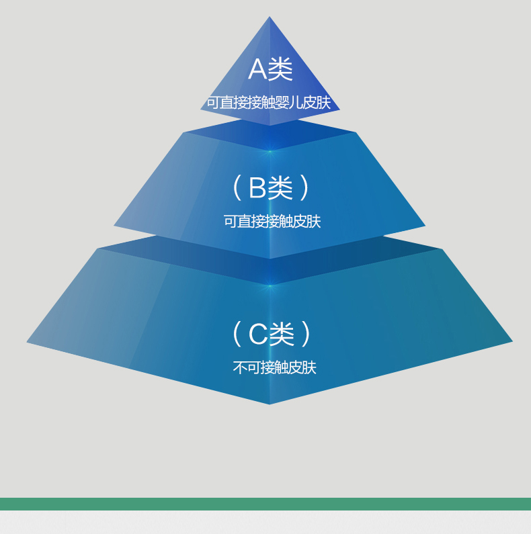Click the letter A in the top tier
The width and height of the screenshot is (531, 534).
click(258, 69)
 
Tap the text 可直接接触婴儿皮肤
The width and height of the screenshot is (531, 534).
click(269, 103)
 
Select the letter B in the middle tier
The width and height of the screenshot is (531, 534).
click(257, 187)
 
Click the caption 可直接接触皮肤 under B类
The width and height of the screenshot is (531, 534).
click(272, 222)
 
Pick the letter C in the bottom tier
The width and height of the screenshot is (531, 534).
click(258, 334)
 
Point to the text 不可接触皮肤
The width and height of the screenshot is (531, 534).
click(275, 367)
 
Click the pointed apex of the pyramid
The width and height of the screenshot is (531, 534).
click(270, 17)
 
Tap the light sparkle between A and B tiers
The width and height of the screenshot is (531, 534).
click(270, 151)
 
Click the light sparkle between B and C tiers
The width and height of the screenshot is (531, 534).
click(270, 285)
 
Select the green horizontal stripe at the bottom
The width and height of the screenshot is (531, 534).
click(265, 504)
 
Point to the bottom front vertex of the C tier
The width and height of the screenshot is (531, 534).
click(270, 404)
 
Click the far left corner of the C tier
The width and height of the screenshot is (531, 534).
click(27, 342)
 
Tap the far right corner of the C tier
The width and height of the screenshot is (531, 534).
click(512, 341)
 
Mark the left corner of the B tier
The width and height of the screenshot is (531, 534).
click(114, 226)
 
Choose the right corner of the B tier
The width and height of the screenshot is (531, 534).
click(425, 226)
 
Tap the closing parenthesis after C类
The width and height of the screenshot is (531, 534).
click(305, 334)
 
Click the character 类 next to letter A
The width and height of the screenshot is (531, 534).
click(280, 69)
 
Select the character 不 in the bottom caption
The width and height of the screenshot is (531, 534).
click(240, 367)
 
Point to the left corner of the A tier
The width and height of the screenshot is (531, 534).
click(201, 109)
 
